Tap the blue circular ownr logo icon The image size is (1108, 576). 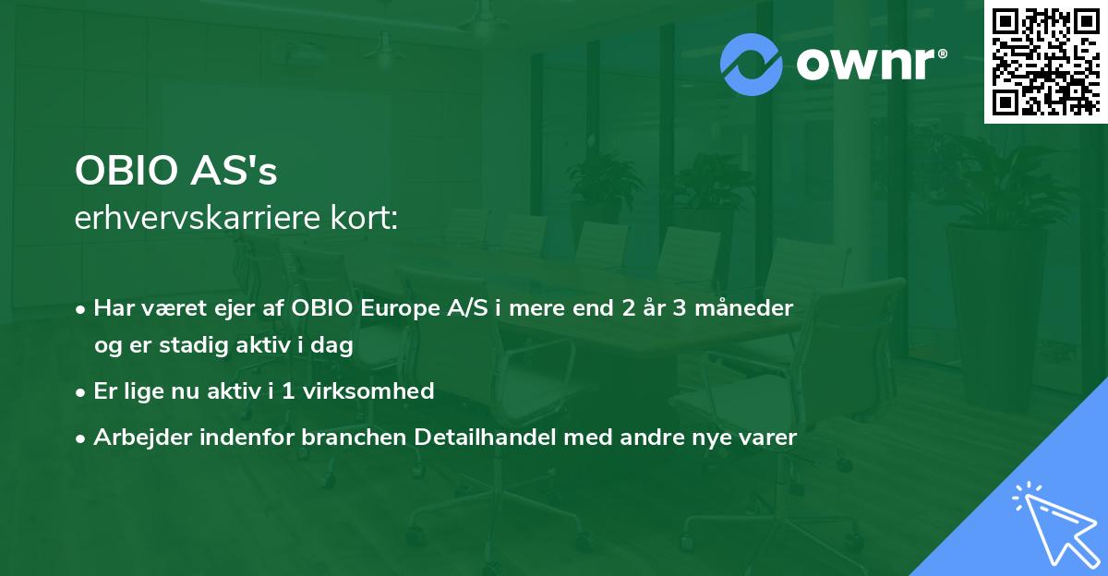coord(753,65)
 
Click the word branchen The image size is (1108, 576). coord(345,438)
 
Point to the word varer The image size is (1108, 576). coord(765,438)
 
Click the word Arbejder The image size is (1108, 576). coord(135,438)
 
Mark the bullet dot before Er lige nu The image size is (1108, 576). coord(82,392)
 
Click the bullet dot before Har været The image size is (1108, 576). coord(82,309)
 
